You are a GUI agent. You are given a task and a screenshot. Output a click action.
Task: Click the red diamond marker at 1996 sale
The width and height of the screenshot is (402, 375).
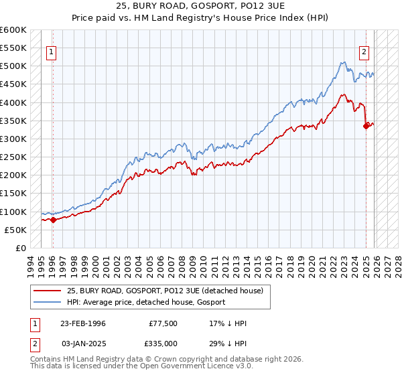(53, 220)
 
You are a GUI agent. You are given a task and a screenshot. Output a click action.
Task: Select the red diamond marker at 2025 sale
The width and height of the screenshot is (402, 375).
(366, 126)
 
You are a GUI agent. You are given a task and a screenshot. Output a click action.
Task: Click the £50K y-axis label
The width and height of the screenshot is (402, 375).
(15, 230)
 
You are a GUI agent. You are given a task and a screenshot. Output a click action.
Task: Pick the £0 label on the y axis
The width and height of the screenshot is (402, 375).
(21, 248)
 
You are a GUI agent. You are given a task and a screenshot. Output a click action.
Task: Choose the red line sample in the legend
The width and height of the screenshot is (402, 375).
(48, 291)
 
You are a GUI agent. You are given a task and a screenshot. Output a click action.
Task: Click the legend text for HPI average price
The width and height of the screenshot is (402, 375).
(146, 302)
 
